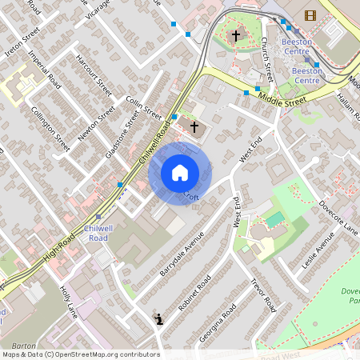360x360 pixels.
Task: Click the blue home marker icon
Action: point(180,173)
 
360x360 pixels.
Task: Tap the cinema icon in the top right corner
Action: point(310,14)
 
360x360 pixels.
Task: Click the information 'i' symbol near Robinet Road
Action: point(159,320)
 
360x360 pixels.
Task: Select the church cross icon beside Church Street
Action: point(235,36)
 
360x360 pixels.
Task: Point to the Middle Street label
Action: point(282,100)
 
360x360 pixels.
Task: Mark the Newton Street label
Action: point(97,122)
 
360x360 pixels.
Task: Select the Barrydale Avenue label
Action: point(182,254)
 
